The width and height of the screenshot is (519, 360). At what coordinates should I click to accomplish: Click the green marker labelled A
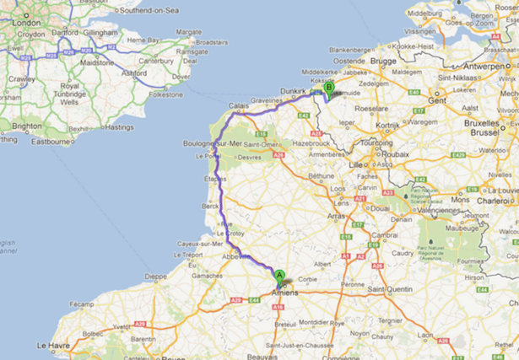coord(279,273)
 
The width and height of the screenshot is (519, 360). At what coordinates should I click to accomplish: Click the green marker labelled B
coord(329,87)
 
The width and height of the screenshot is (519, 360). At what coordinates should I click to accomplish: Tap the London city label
coord(26,23)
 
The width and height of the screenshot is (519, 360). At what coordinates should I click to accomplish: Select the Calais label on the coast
coord(239,106)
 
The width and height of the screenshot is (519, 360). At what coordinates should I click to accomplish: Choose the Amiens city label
coord(284,292)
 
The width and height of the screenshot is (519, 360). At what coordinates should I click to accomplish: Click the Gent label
coord(436,99)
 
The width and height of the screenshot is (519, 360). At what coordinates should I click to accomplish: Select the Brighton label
coord(27,126)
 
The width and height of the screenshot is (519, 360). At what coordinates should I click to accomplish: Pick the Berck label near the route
coord(210,206)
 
